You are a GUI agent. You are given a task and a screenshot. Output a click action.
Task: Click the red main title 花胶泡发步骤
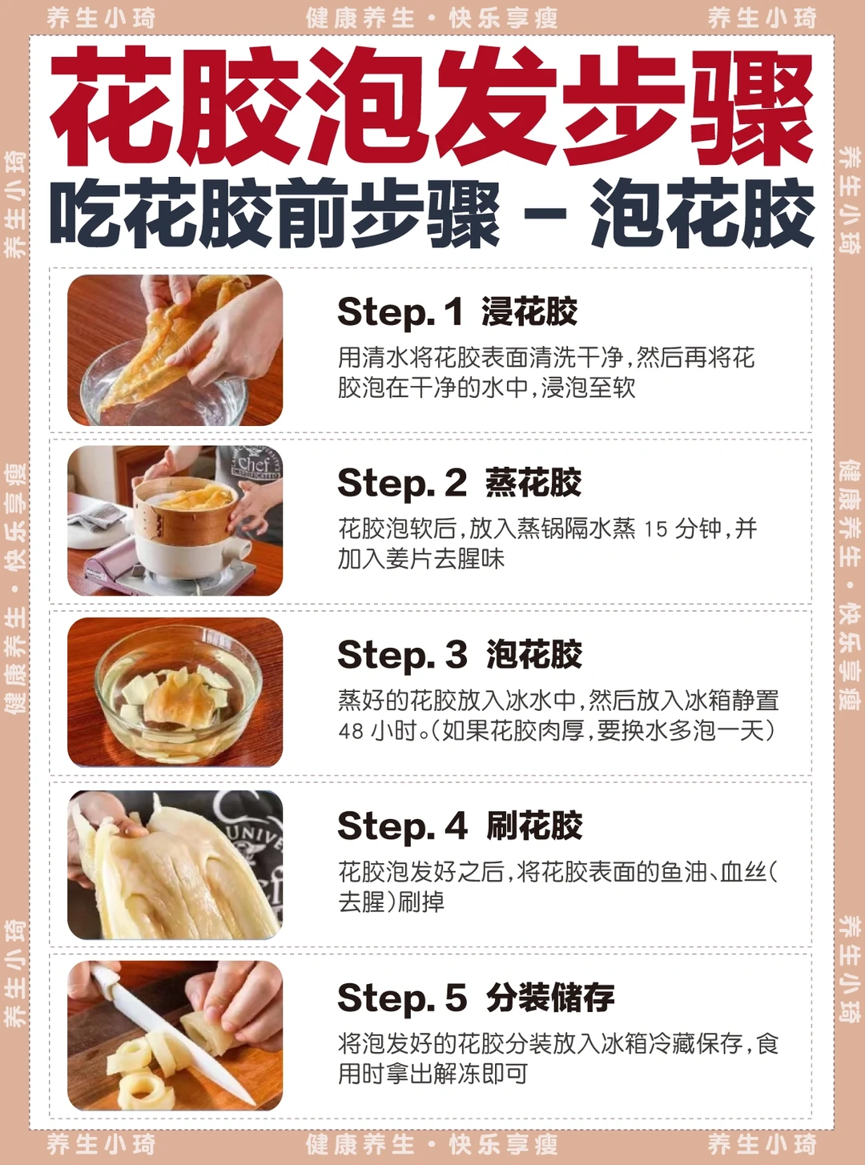[x=432, y=106]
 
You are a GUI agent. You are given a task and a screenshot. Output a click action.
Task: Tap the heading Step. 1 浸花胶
[x=457, y=312]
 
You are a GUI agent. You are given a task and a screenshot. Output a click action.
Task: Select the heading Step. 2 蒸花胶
[x=459, y=483]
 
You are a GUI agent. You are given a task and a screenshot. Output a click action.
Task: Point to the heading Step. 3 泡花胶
[x=460, y=654]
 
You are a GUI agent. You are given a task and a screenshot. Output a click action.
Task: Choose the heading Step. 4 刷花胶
[x=460, y=826]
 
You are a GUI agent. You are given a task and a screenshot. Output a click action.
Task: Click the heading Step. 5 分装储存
[x=476, y=997]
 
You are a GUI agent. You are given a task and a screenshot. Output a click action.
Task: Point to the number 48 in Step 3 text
[x=351, y=730]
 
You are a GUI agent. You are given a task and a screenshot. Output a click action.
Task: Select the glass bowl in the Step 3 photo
[x=179, y=693]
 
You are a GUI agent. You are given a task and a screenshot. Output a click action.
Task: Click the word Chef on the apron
[x=253, y=464]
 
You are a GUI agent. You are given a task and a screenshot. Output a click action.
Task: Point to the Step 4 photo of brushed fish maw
[x=175, y=865]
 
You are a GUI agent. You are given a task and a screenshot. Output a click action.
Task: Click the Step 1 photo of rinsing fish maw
[x=175, y=350]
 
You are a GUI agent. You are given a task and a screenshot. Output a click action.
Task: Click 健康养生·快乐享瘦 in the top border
[x=432, y=19]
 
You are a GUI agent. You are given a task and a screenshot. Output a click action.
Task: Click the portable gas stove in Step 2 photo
[x=174, y=570]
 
